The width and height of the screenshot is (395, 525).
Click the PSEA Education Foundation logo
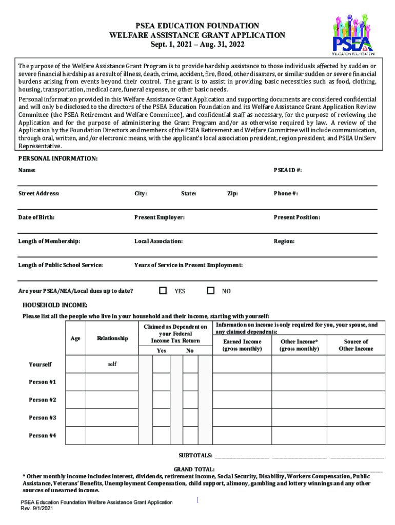(x=353, y=34)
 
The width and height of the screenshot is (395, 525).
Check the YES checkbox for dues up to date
(x=163, y=291)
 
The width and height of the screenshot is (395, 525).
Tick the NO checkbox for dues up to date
(x=210, y=291)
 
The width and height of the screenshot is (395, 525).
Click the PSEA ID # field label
(x=288, y=170)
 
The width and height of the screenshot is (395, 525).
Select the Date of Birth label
(x=36, y=217)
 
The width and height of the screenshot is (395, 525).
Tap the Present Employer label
(x=160, y=217)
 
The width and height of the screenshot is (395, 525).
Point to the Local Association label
(x=159, y=241)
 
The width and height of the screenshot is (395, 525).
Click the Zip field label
(x=232, y=193)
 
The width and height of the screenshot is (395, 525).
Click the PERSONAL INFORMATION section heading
(x=58, y=159)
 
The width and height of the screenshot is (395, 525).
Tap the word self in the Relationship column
(x=112, y=364)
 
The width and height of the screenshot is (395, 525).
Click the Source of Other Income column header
(x=355, y=345)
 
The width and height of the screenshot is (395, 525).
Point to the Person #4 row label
(x=43, y=435)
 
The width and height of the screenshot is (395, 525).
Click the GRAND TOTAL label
(x=194, y=469)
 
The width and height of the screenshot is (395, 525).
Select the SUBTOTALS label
(x=195, y=455)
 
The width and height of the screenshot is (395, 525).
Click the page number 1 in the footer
(x=198, y=500)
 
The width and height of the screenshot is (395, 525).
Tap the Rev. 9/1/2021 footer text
(x=36, y=509)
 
